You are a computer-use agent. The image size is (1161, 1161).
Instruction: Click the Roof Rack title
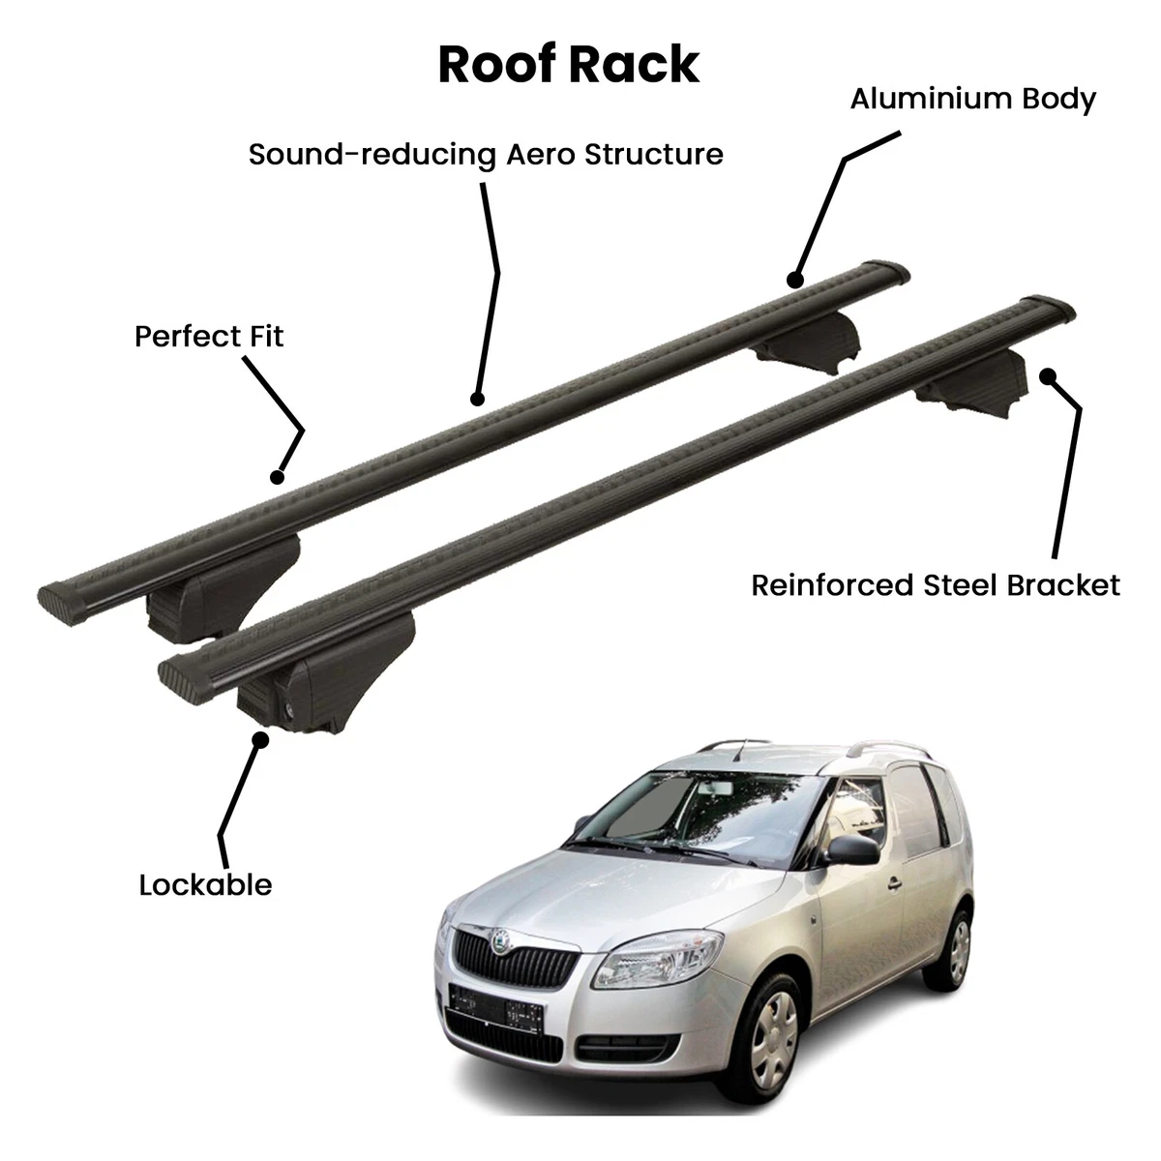pos(568,65)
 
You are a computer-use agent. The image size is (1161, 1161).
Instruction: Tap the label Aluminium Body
pos(972,99)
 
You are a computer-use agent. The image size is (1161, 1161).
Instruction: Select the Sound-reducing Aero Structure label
pos(486,155)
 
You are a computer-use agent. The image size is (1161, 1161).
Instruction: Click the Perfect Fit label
pos(209,337)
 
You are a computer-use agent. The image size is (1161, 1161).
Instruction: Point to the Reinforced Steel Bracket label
pos(936,585)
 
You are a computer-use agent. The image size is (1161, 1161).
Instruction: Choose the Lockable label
pos(205,884)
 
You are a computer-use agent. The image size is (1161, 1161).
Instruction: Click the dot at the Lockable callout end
pos(259,738)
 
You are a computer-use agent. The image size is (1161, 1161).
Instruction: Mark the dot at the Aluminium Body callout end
pos(795,281)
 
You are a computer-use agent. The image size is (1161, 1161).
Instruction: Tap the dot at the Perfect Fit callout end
pos(278,476)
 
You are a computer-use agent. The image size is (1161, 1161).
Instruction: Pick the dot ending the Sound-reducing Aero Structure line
pos(476,398)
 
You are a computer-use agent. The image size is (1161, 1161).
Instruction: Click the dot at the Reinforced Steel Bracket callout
pos(1045,375)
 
